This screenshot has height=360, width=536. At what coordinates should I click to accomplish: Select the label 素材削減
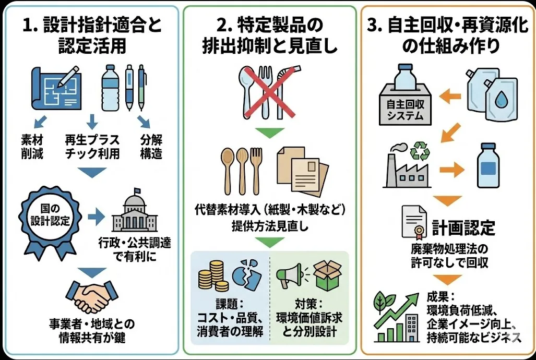[x=33, y=147]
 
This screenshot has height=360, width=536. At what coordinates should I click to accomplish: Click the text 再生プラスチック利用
[x=92, y=147]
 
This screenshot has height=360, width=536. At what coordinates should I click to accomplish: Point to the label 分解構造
[x=151, y=147]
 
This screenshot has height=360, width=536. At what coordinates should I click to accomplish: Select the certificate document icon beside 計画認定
[x=414, y=221]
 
